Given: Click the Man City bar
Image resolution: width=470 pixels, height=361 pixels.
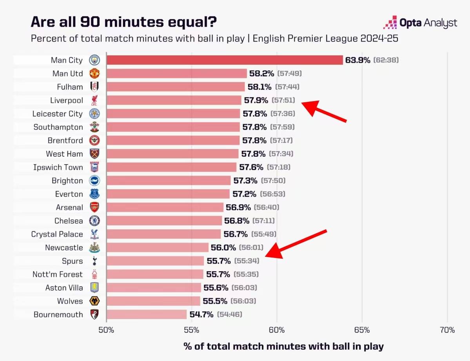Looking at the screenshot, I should coord(224,60).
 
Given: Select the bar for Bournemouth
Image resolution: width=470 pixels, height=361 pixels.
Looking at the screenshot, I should coord(146,314).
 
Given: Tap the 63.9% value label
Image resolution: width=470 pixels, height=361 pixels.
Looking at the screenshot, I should coord(357,60).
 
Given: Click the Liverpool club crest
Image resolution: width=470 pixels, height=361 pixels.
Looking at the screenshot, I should coord(94,100).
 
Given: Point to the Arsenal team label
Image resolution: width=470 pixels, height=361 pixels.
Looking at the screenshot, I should coord(70,207).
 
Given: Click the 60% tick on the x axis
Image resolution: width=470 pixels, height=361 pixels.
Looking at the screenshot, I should coord(277,330).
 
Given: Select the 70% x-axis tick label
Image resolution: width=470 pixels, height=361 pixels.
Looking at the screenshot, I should coord(447,330).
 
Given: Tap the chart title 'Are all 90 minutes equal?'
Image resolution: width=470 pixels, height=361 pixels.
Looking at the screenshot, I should coord(123,22).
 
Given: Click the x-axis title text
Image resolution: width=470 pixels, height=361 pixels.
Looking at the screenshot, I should coord(283,346).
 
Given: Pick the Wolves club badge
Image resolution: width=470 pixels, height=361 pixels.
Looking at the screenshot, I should coord(94,301).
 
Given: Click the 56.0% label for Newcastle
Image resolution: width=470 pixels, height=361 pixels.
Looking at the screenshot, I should coord(223,248).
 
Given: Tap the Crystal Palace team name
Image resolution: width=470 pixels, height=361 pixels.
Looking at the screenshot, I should coord(57,234).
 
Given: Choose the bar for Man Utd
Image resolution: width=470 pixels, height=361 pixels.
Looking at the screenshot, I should coord(176,73).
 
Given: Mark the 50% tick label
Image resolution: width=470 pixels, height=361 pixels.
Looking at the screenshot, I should coord(106,330).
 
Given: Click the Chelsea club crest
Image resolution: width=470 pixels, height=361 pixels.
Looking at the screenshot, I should coord(94,221).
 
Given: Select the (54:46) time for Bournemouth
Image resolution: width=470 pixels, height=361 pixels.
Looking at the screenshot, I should coord(230,314).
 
